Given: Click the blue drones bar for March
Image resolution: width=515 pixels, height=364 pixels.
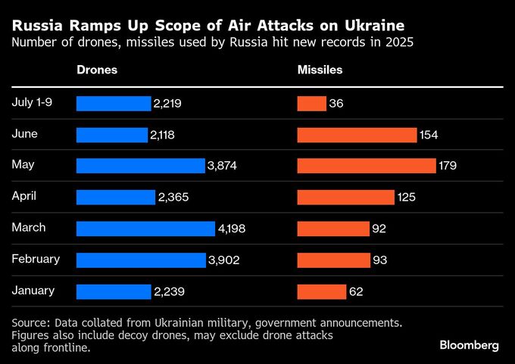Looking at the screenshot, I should tap(145, 229).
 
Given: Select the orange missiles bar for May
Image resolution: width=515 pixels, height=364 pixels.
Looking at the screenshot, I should tap(367, 166).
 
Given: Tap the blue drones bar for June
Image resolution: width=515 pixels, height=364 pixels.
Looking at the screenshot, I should tap(111, 135).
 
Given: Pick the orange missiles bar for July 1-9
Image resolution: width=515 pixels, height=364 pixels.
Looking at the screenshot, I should tap(311, 104).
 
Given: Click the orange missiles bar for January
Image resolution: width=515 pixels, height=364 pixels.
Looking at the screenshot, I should tap(321, 291).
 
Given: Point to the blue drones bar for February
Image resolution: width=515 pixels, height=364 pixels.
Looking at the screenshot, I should tap(141, 260).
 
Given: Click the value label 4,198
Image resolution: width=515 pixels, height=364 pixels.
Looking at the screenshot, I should tap(232, 229).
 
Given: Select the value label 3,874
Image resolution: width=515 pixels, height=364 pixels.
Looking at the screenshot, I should tap(222, 166).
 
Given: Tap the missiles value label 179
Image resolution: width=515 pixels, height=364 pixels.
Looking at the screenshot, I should tap(448, 166).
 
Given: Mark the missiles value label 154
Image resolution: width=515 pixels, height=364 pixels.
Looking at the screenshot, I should tap(429, 135).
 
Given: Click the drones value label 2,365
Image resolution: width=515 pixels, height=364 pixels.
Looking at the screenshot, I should tap(173, 198).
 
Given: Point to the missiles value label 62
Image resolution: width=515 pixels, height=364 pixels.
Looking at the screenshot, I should tap(356, 291).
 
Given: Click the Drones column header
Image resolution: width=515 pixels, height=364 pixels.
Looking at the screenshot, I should tap(97, 70).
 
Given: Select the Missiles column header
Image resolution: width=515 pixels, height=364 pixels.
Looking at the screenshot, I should tap(320, 70).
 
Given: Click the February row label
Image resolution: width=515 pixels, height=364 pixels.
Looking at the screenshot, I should tap(36, 259).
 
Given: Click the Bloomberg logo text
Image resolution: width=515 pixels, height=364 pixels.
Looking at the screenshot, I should tap(469, 345).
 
